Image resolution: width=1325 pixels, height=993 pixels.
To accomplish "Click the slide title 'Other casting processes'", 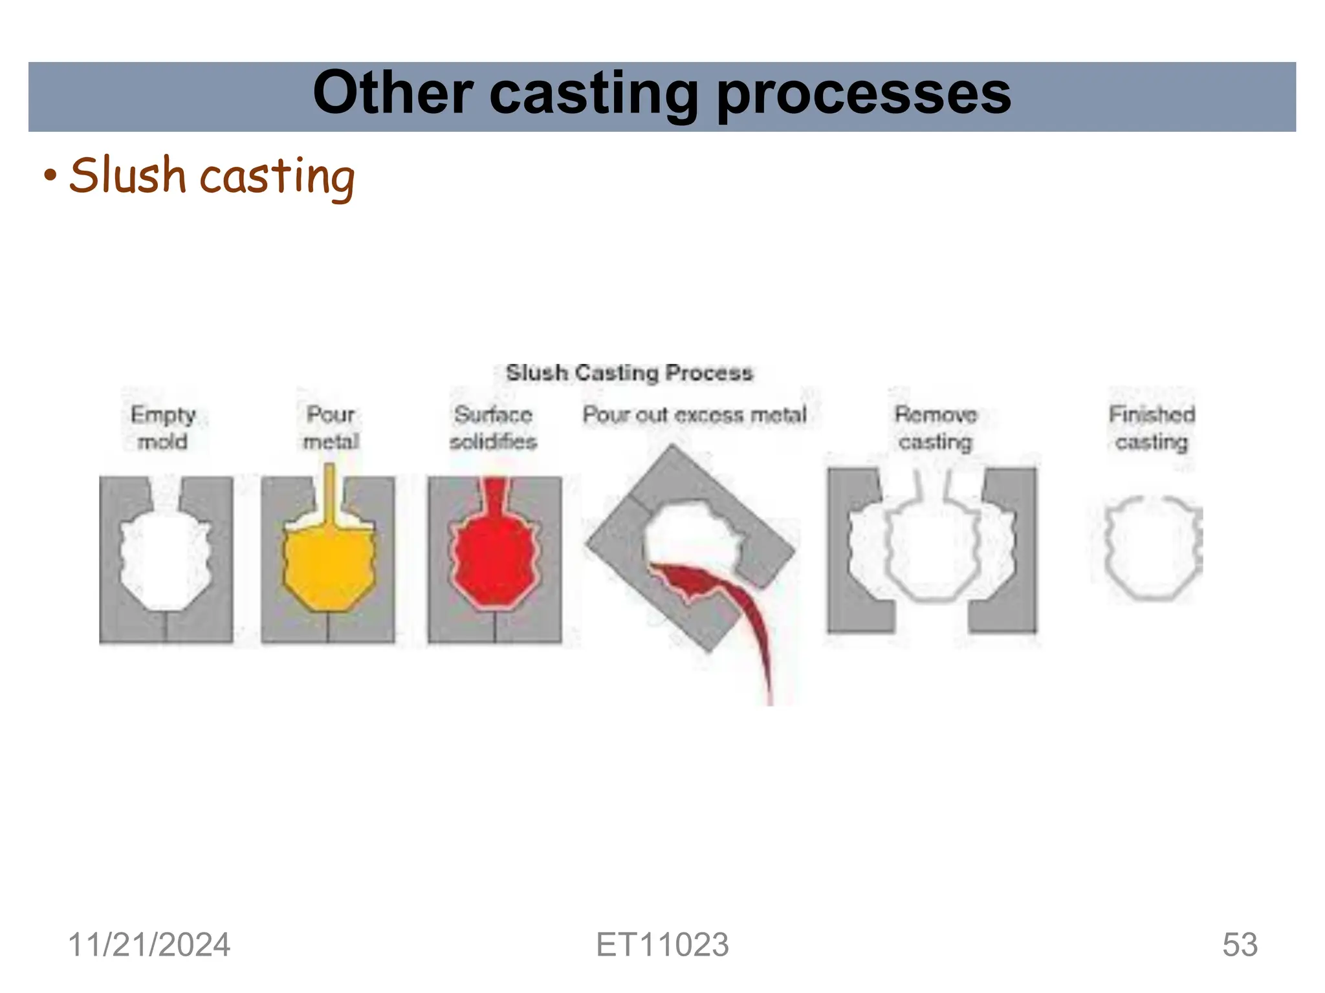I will [661, 94].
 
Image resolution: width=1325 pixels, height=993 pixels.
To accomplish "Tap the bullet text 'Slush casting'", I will [212, 175].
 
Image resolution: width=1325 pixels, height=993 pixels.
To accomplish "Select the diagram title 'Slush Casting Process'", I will [629, 373].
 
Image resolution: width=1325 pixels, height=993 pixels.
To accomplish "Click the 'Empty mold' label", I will [162, 427].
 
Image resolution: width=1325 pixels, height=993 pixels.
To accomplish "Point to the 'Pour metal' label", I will [331, 427].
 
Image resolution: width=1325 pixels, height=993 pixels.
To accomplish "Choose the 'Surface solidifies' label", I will [493, 427].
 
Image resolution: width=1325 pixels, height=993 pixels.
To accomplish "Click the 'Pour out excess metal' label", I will [694, 414].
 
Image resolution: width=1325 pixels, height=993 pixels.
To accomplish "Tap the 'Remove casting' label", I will [936, 427].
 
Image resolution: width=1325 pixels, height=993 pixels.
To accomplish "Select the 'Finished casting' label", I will [1152, 427].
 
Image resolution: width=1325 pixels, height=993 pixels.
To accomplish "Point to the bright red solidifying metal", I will [495, 556].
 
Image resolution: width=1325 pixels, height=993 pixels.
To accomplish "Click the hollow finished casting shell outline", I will [1108, 550].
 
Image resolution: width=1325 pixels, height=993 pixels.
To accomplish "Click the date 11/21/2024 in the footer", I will [149, 945].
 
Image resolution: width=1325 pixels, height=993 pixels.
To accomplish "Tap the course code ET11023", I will [662, 945].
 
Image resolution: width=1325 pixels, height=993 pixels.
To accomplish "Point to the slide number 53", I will [1240, 945].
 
